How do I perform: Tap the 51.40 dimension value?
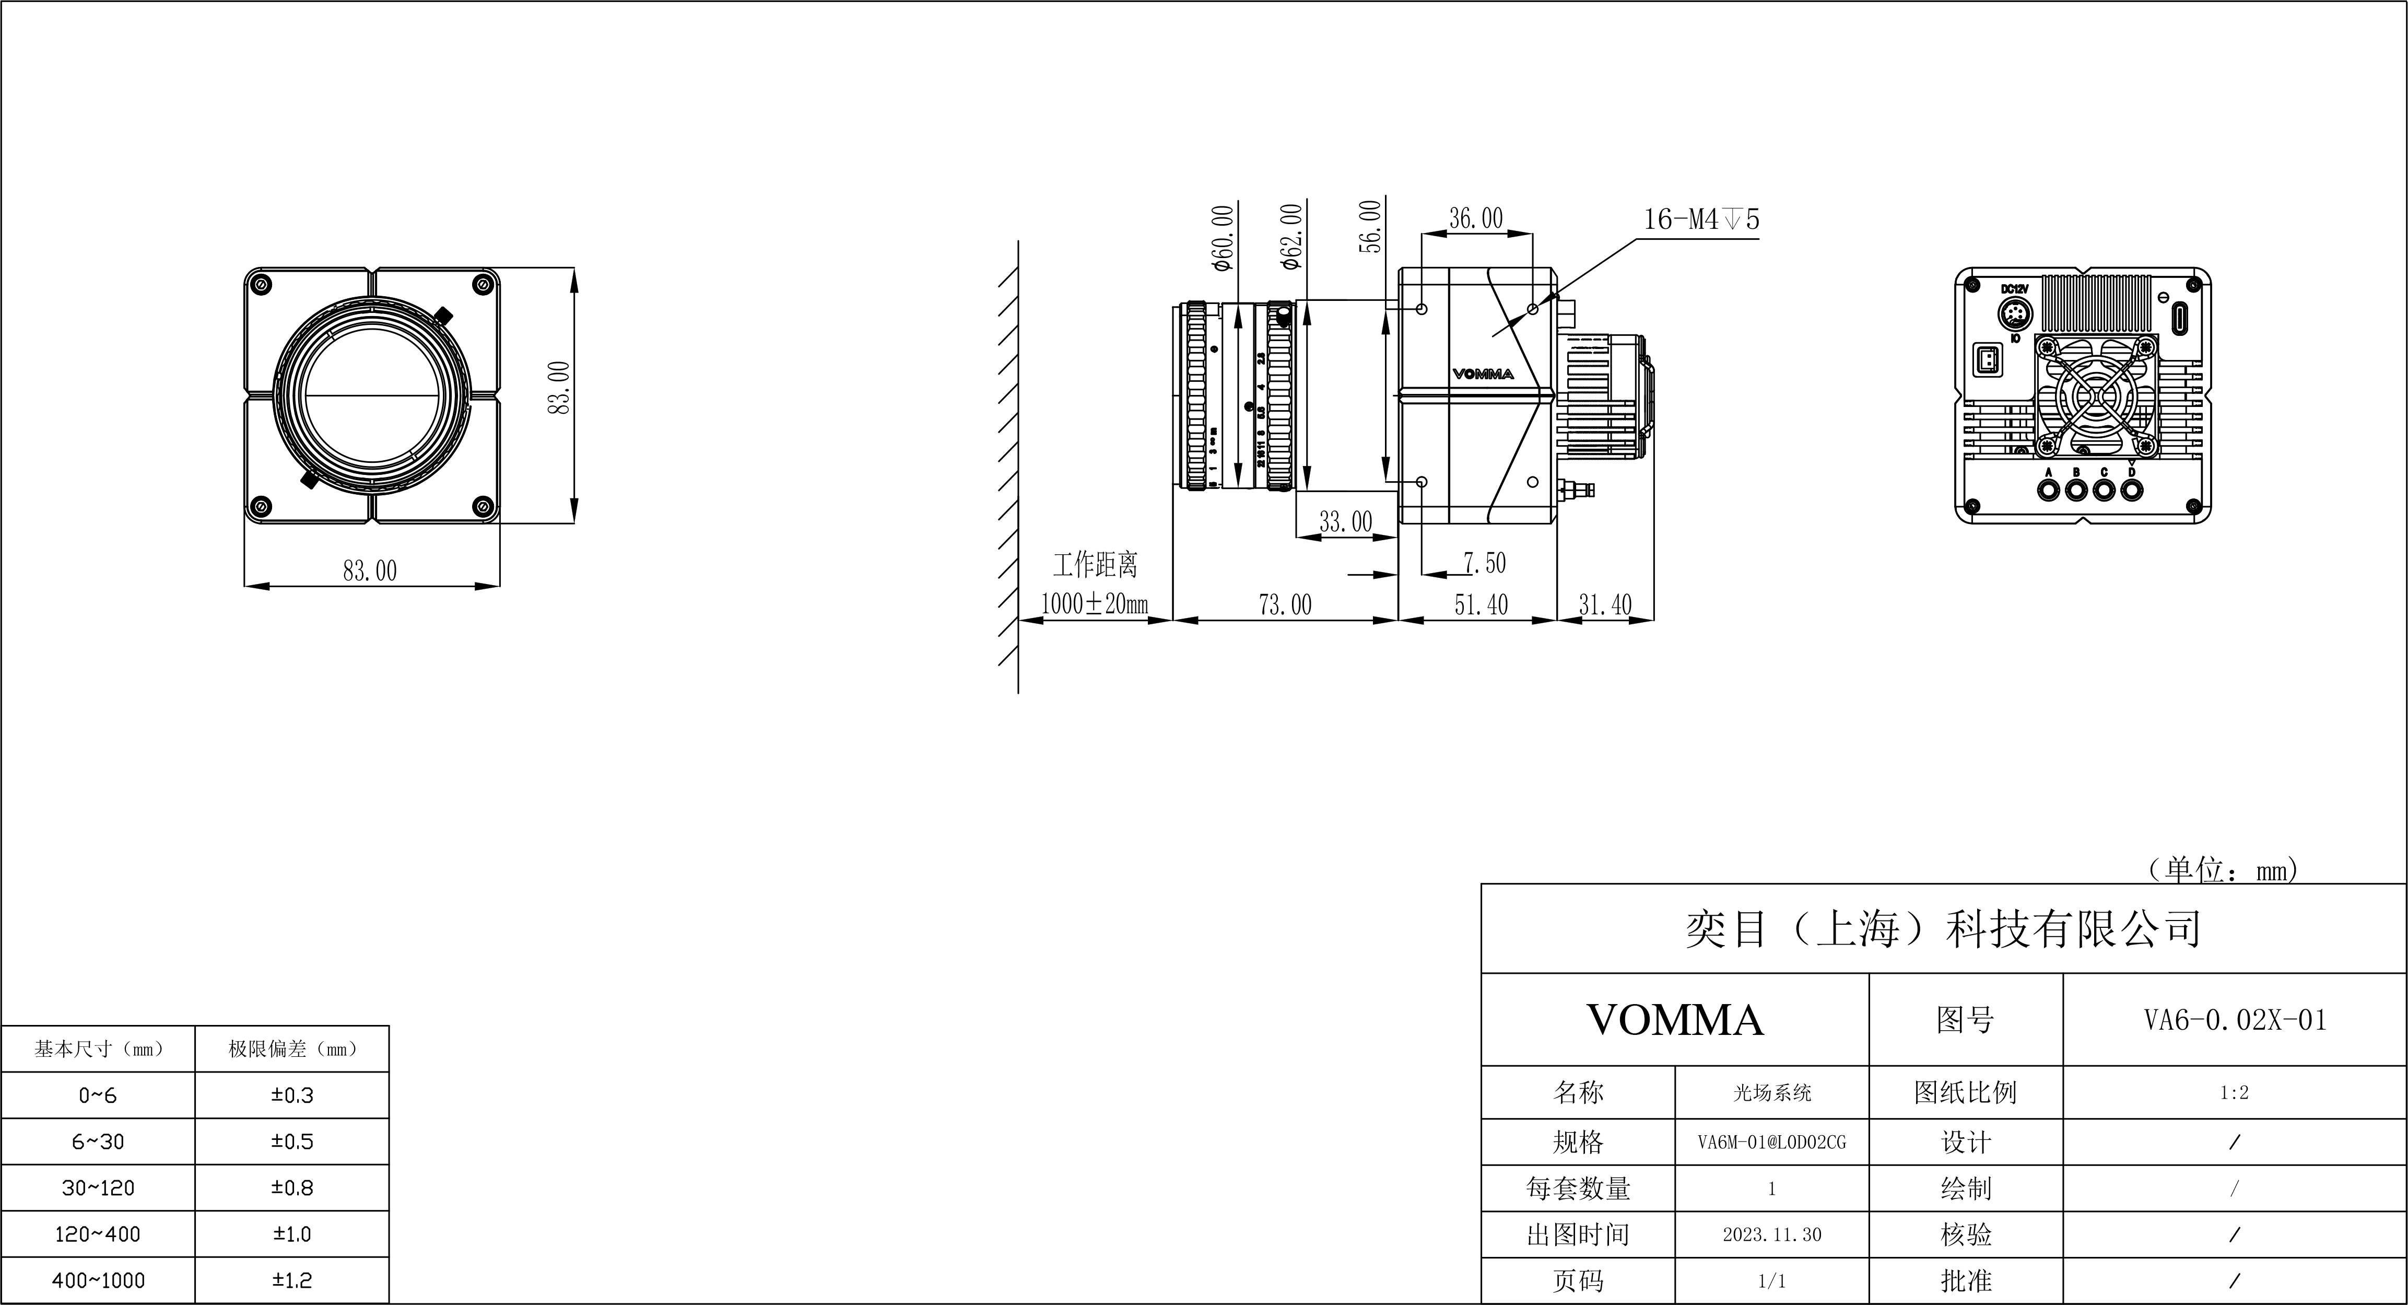1481,605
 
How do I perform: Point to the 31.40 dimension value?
1604,605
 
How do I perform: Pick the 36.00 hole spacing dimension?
1475,219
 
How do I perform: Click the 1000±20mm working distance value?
1094,604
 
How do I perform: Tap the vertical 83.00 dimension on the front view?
559,388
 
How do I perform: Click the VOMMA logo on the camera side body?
1483,374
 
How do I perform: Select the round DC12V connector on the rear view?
2014,315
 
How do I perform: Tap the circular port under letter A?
2048,490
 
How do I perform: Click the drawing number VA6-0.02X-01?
2234,1020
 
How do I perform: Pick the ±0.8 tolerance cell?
291,1188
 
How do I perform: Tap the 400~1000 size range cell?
98,1280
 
